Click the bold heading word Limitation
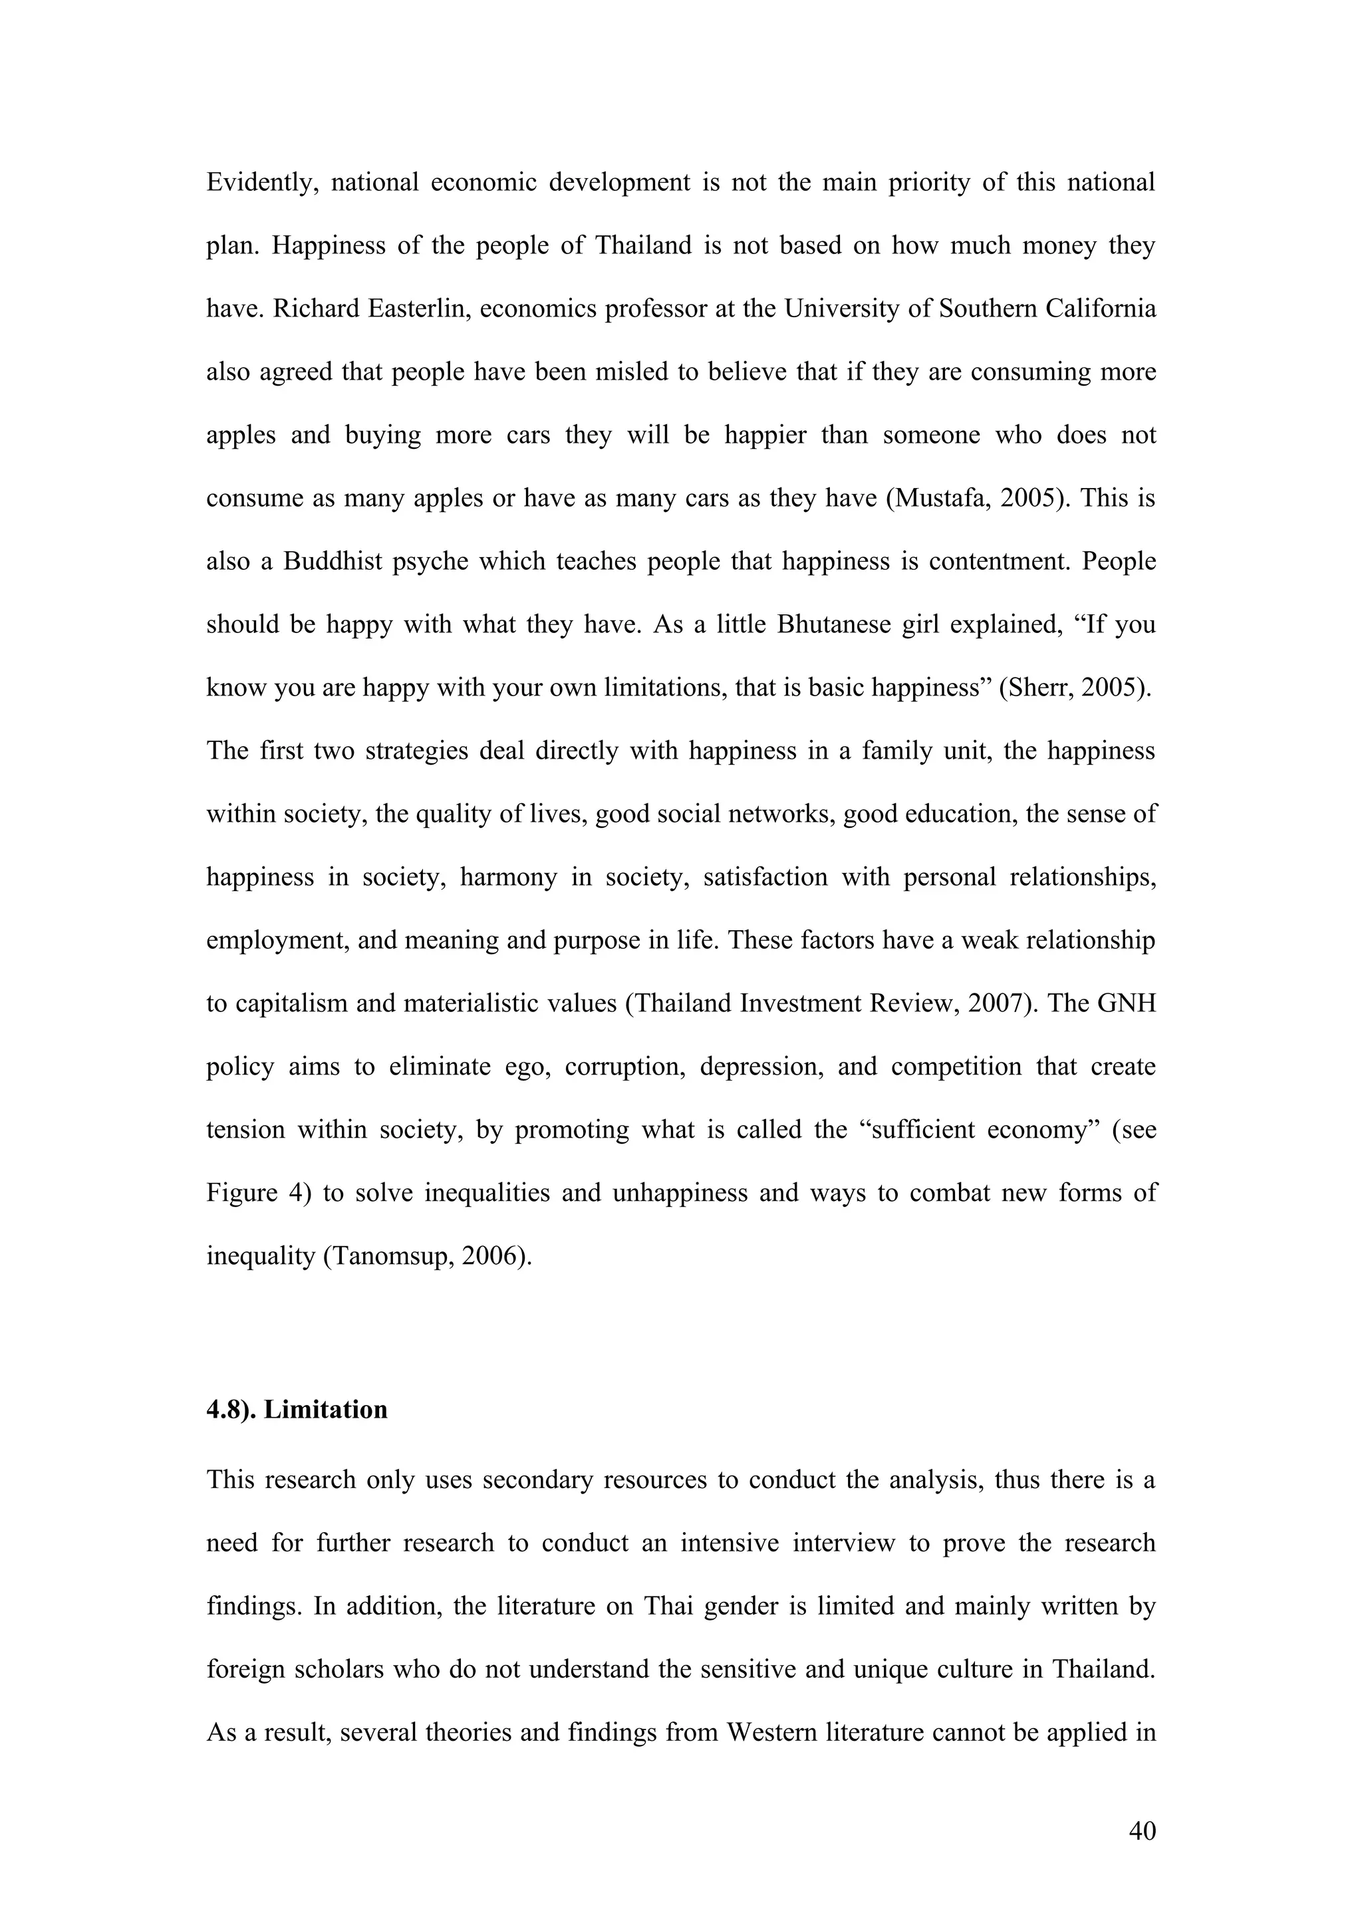pos(326,1409)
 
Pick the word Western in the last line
pos(772,1732)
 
